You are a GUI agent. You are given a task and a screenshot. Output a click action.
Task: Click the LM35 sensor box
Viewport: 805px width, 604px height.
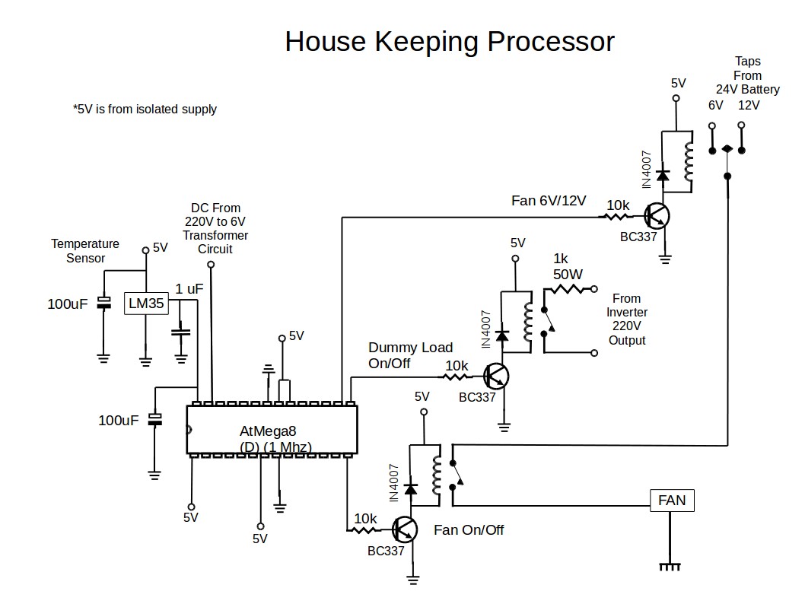145,304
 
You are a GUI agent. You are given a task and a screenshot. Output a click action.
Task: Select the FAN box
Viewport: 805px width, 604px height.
672,501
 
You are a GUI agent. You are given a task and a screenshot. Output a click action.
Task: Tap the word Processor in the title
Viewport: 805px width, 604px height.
550,41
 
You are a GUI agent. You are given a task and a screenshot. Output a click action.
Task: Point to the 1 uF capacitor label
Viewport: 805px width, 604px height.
189,289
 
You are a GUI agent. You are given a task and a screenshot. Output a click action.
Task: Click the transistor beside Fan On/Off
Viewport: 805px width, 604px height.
406,529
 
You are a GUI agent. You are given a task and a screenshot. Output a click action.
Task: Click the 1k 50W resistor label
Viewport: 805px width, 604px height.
567,266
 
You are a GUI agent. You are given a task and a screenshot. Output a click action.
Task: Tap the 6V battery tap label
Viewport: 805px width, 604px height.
715,106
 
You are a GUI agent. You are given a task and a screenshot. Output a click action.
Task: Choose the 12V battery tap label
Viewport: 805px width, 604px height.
749,106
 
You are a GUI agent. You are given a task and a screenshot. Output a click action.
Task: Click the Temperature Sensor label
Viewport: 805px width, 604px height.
85,251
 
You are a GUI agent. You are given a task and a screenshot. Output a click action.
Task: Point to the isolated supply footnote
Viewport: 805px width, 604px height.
145,110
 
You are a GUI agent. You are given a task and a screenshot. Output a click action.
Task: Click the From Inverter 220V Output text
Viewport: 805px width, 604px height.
626,319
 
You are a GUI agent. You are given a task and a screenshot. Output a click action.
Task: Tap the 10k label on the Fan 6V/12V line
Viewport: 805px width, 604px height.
617,205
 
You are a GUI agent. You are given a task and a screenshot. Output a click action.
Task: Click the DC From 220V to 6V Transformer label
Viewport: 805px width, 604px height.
215,228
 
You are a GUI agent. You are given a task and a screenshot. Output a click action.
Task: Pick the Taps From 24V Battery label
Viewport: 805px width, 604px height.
747,75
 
